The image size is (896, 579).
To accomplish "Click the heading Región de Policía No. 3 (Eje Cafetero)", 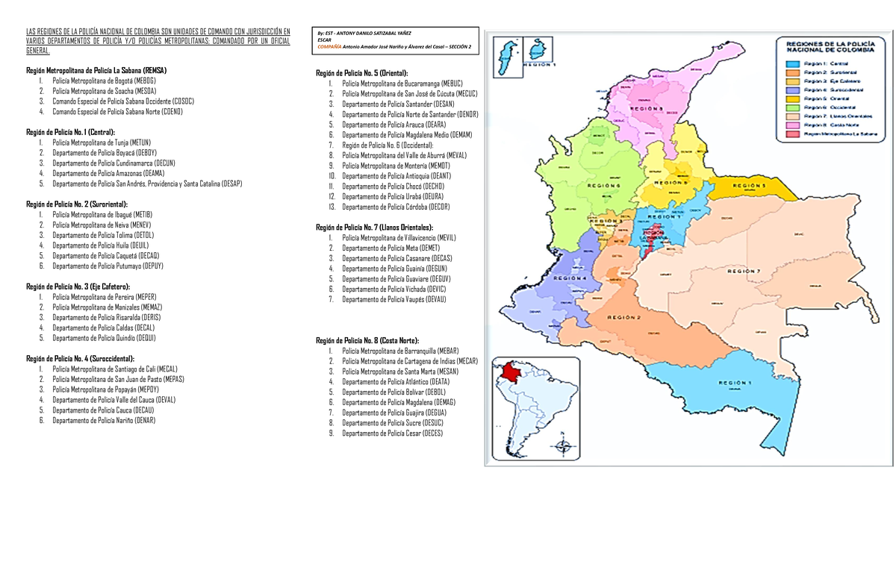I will (78, 286).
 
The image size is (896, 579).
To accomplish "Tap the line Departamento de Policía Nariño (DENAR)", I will (104, 420).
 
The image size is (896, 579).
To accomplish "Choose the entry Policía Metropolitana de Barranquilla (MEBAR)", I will (400, 351).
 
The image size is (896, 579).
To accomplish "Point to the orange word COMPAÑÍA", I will (329, 46).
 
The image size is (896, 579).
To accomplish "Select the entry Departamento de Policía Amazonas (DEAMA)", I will (108, 172).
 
